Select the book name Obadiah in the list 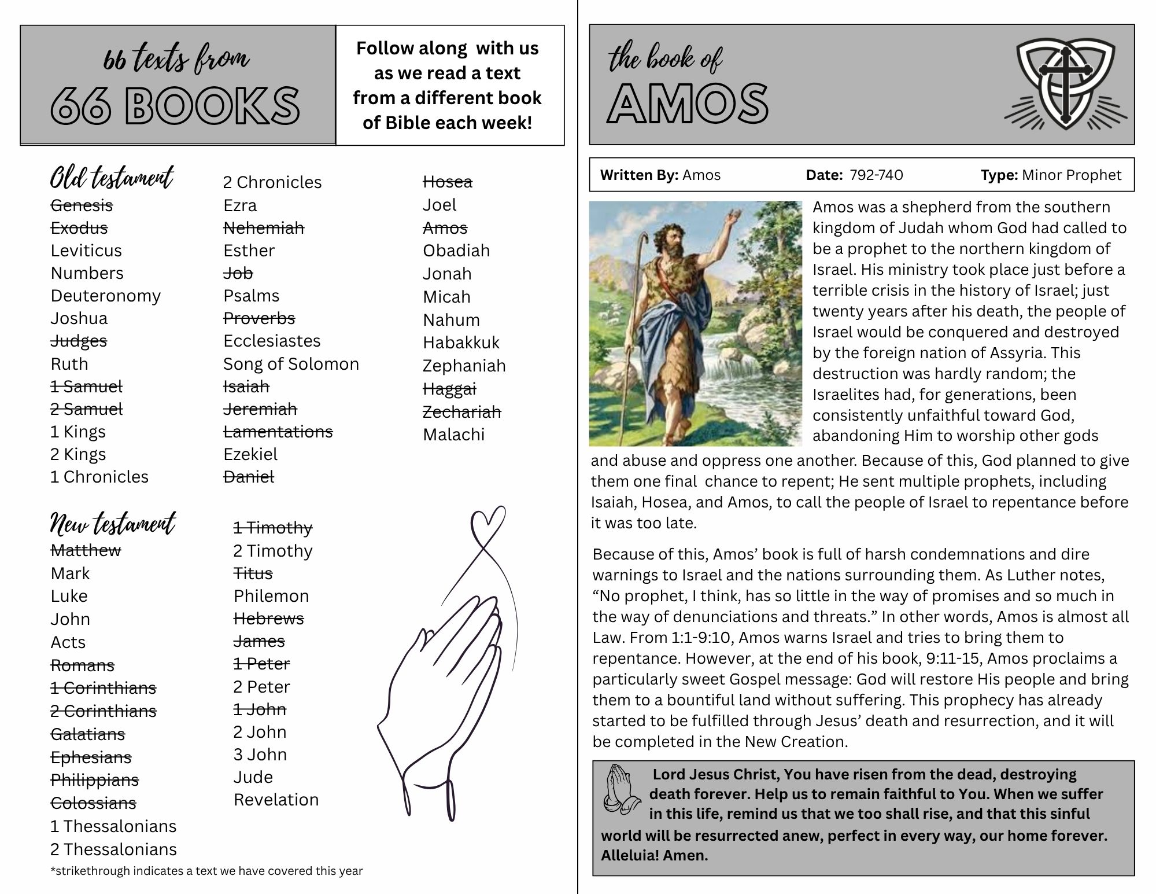(456, 251)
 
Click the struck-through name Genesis (82, 205)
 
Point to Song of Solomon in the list (291, 364)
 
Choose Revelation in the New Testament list (276, 800)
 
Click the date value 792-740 (876, 175)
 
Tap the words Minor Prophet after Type (1072, 175)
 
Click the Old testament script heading (112, 178)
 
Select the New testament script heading (113, 524)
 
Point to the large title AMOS (688, 104)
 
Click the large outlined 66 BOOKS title (175, 106)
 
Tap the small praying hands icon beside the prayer (621, 790)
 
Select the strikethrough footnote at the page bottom (206, 871)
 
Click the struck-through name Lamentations (278, 432)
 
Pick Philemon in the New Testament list (271, 596)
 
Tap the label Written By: (639, 175)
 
